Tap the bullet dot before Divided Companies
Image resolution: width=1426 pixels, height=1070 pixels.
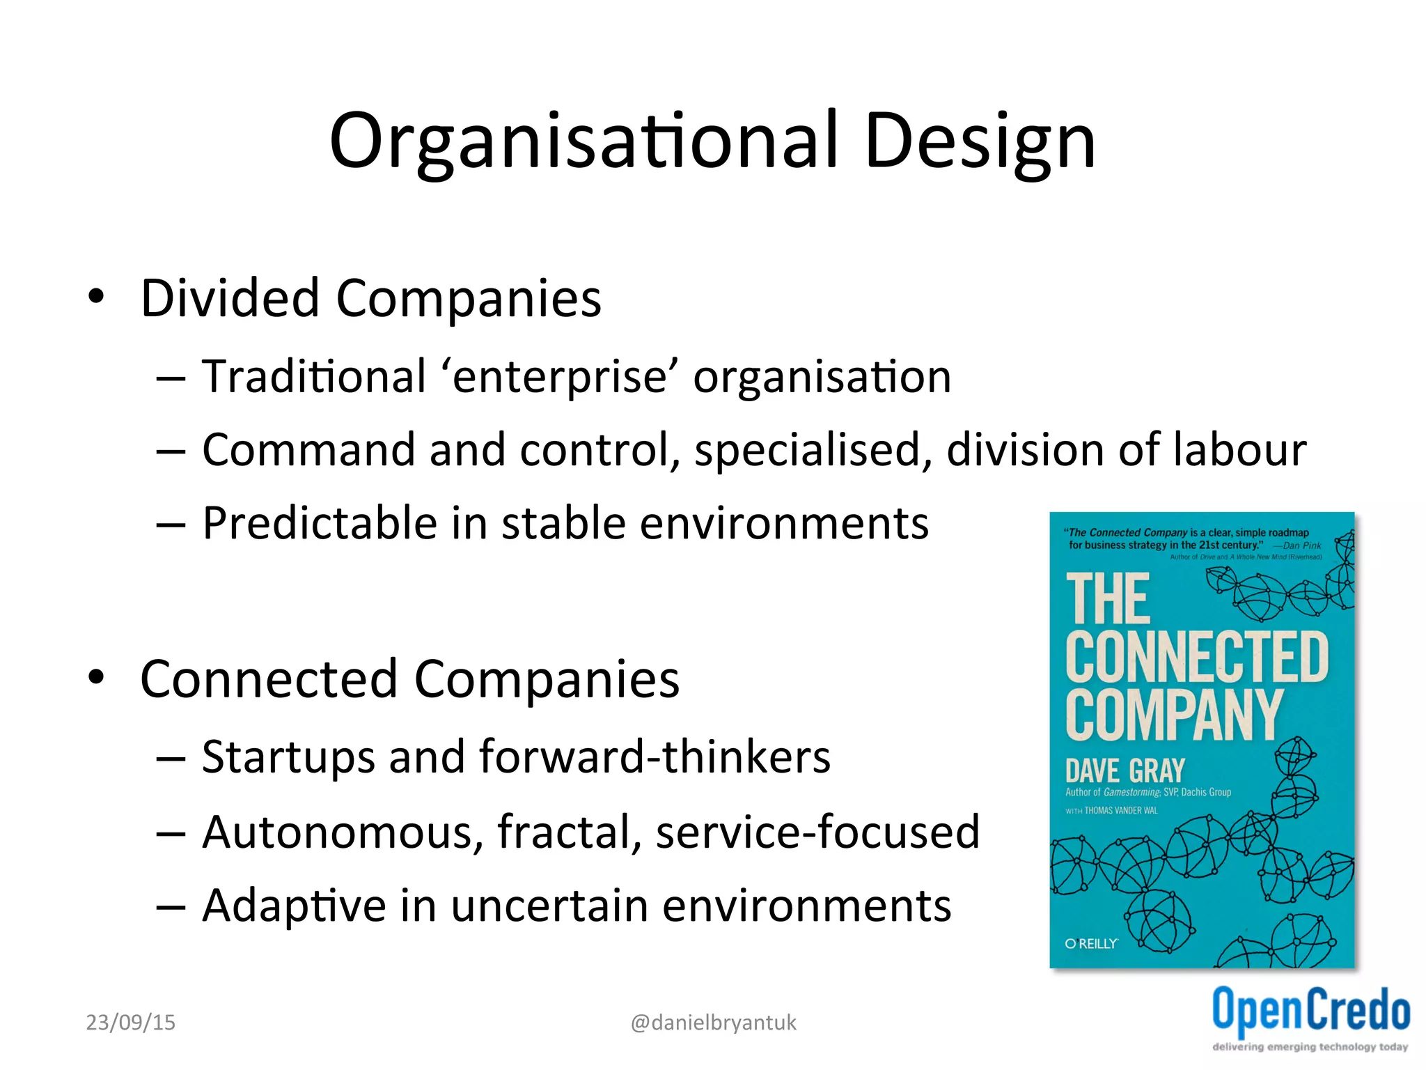[96, 297]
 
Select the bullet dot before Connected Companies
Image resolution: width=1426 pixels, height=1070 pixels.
[96, 678]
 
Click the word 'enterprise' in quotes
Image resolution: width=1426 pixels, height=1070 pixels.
[561, 378]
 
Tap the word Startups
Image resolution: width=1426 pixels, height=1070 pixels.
[288, 757]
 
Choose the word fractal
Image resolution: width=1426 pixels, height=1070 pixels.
[569, 832]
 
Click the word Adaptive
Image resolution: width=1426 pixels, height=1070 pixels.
[294, 906]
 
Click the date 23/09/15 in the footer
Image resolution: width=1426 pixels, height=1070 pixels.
[131, 1023]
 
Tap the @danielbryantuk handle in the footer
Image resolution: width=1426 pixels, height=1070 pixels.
[713, 1023]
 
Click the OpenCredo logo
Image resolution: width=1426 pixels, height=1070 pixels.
[1310, 1010]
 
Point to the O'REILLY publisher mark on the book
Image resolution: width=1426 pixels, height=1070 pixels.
[1091, 944]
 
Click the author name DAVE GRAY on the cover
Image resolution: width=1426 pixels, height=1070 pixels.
[1125, 771]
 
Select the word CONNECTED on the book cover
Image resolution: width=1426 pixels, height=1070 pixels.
[1196, 658]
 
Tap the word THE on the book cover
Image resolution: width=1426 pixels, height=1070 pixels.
[1108, 599]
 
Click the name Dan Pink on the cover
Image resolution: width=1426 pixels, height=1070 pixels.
[1301, 546]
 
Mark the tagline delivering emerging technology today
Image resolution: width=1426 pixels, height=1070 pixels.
[1310, 1047]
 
